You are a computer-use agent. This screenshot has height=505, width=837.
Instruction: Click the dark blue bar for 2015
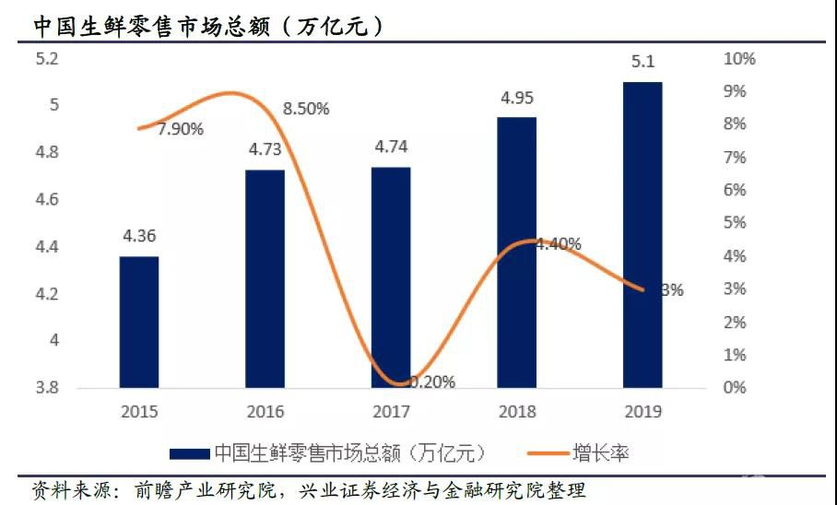[139, 322]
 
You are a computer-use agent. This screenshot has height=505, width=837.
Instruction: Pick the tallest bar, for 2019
[642, 234]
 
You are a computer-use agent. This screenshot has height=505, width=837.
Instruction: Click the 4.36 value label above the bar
[139, 236]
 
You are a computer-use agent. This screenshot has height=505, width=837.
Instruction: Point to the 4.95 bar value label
[516, 97]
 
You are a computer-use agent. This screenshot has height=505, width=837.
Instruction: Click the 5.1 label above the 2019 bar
[642, 63]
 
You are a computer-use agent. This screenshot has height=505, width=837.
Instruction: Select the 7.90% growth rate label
[180, 129]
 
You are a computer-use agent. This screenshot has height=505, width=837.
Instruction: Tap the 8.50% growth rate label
[306, 109]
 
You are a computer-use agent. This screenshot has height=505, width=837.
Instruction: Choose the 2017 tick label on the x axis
[391, 411]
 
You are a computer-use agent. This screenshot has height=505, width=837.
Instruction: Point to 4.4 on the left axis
[46, 247]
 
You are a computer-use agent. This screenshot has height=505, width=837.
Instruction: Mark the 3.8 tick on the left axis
[46, 388]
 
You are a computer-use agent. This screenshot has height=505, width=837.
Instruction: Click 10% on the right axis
[739, 59]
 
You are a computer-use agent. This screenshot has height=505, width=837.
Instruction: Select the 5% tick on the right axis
[736, 223]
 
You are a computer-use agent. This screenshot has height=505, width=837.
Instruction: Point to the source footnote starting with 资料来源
[308, 489]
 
